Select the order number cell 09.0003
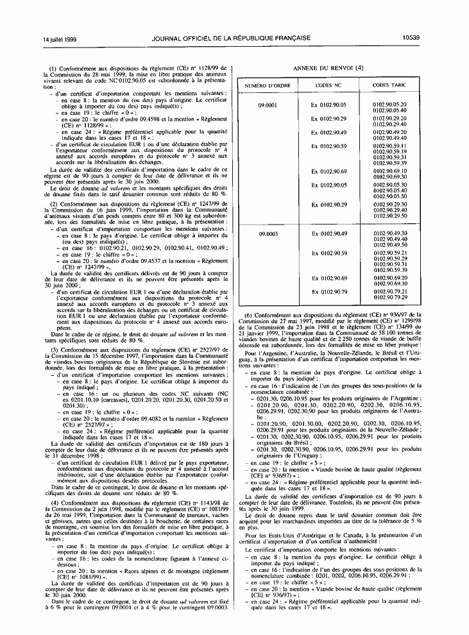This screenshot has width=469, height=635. coord(268,233)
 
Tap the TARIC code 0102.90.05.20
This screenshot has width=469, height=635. coord(389,103)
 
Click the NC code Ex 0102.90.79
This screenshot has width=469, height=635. coord(328,292)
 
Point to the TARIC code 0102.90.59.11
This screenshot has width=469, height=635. coord(389,146)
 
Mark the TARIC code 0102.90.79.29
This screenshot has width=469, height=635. coord(389,298)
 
